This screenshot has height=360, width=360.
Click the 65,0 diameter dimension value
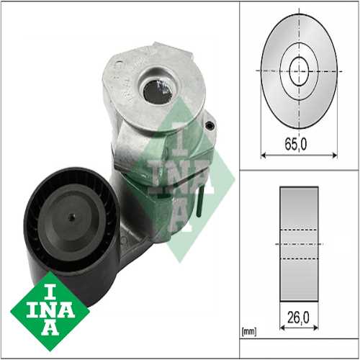[294, 144]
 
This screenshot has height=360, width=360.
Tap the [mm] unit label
[248, 333]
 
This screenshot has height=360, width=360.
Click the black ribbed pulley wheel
[68, 223]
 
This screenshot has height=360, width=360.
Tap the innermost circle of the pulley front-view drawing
[299, 70]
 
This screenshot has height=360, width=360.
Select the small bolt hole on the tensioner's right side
[210, 125]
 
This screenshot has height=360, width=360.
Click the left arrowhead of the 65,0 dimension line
[263, 153]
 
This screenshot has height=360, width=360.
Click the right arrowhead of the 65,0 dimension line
[336, 153]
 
